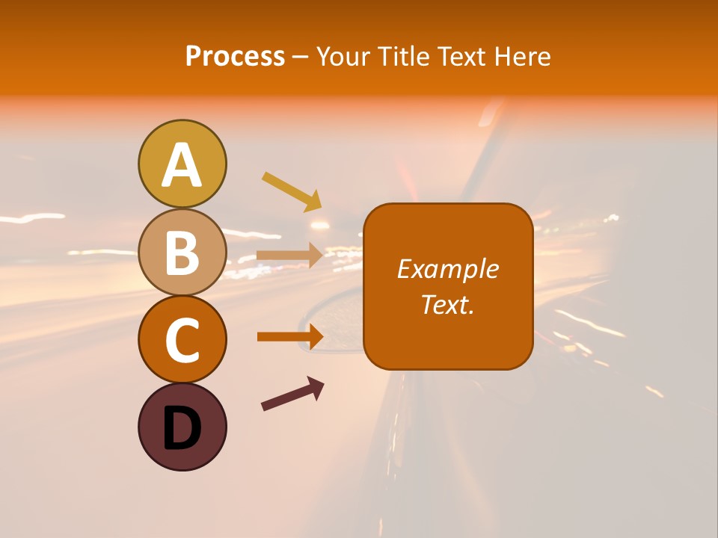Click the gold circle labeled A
coord(182,164)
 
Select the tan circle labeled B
coord(182,252)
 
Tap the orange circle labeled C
coord(182,339)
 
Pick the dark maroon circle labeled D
coord(182,427)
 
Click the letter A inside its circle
coord(182,165)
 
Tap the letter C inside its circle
coord(182,341)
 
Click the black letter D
coord(182,429)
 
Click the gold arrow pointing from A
coord(291,191)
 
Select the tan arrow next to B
coord(289,255)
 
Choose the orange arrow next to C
coord(289,336)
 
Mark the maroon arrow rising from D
coord(292,394)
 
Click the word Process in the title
coord(235,57)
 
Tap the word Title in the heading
coord(402,57)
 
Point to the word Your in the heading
coord(343,57)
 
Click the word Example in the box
coord(447,269)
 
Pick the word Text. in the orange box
coord(447,304)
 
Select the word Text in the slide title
coord(461,57)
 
